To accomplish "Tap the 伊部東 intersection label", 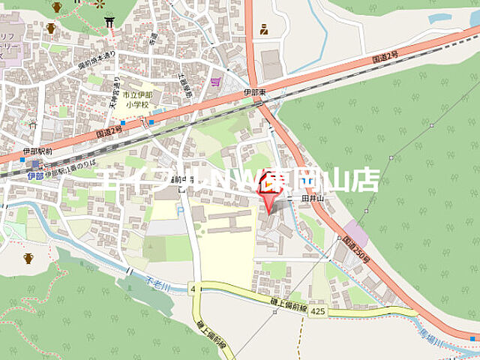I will click(254, 92).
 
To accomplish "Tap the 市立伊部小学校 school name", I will click(136, 100).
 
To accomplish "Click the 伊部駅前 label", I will click(37, 151).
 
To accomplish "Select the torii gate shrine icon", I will click(109, 22).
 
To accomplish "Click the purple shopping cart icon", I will click(216, 81).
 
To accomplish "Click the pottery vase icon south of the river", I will click(28, 258).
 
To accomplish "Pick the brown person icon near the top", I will click(264, 30).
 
